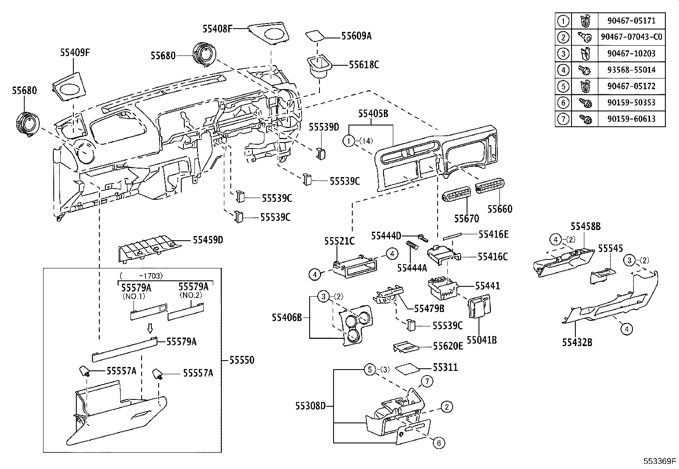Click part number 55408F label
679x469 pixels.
coord(218,29)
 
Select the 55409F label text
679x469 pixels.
coord(75,53)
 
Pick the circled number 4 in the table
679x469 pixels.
coord(563,70)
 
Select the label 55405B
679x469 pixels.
coord(373,114)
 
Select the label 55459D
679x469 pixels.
coord(208,240)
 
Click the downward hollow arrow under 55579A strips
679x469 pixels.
coord(150,328)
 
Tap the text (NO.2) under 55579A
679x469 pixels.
coord(192,295)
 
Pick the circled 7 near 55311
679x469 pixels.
coord(427,381)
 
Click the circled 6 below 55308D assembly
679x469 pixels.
coord(438,443)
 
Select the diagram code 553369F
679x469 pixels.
coord(660,461)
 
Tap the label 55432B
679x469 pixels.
coord(577,342)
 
